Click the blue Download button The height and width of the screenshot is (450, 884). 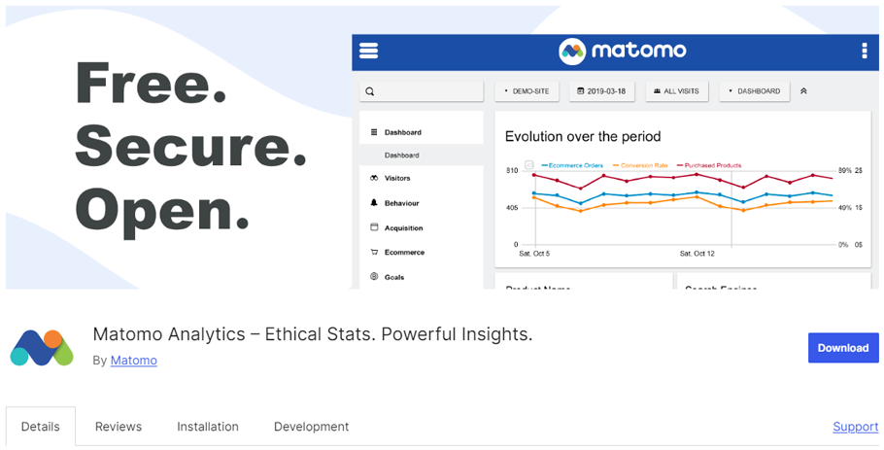(x=842, y=348)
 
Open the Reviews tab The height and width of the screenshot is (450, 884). (x=119, y=427)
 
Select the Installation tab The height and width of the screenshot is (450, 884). (x=208, y=427)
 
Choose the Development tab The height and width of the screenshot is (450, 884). (x=311, y=427)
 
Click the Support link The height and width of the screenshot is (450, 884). (x=855, y=427)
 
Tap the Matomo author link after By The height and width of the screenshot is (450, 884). (x=133, y=361)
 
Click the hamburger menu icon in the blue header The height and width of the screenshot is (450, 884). (x=368, y=52)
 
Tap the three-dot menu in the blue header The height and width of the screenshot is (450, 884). (x=864, y=52)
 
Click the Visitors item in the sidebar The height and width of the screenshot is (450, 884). (x=396, y=179)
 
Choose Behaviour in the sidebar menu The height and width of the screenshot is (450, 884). (x=400, y=203)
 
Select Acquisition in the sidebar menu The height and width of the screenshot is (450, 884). (x=403, y=227)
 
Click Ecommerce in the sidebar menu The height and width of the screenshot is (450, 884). (x=403, y=253)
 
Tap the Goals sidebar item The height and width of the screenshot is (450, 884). (x=393, y=277)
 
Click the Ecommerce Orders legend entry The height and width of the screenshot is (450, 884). (x=575, y=165)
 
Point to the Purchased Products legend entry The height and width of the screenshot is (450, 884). (x=713, y=165)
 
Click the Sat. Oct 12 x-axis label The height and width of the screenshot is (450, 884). (x=697, y=254)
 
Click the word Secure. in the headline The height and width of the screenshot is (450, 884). (x=190, y=146)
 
